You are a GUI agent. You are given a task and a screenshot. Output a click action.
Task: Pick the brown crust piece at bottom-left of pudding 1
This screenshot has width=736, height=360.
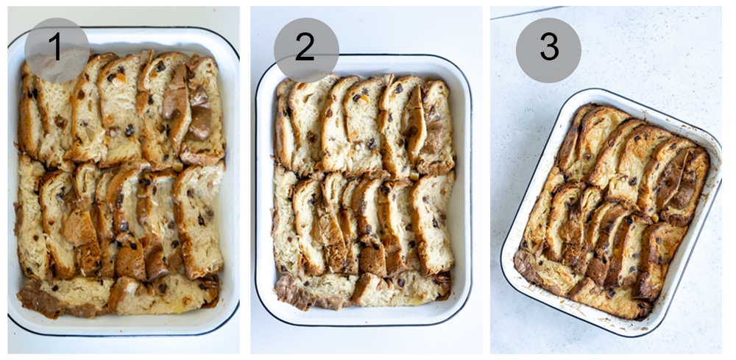(40, 298)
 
